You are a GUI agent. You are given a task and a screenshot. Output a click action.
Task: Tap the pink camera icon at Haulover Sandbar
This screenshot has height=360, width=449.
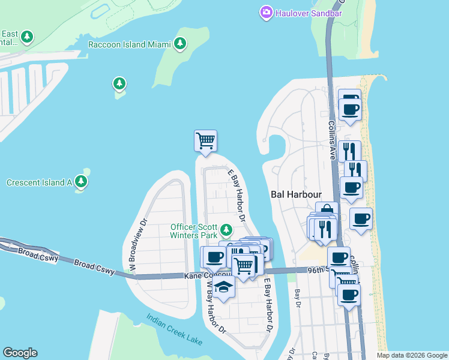(x=266, y=12)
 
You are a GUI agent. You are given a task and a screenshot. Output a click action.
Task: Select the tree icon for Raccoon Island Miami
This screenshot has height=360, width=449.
(x=179, y=43)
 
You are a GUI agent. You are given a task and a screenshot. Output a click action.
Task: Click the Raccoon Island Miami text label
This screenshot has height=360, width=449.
(x=129, y=44)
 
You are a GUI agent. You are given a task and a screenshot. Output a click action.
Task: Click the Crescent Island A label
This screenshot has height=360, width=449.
(x=39, y=182)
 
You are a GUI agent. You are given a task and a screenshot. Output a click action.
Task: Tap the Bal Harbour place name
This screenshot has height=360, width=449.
(x=296, y=195)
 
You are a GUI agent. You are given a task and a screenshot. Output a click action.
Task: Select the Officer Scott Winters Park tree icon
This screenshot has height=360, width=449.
(x=226, y=230)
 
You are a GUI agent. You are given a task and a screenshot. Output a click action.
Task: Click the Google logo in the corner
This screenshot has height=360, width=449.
(x=20, y=353)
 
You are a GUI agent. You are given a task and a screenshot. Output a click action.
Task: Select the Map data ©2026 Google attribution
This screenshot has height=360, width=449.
(x=411, y=355)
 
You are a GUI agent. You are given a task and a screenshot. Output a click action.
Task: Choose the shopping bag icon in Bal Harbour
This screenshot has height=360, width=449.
(x=327, y=211)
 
